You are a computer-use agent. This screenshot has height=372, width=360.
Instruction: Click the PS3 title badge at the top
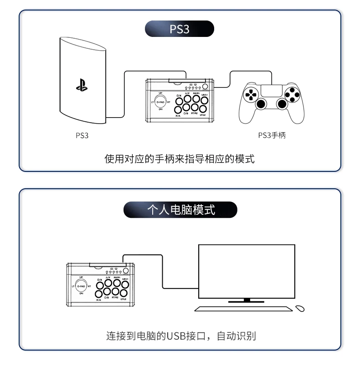click(x=180, y=30)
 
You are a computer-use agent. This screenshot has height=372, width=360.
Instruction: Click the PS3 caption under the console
click(x=82, y=135)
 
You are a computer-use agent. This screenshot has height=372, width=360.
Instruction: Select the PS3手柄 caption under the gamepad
click(x=272, y=135)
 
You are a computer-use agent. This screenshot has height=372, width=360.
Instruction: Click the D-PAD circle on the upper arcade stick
click(x=160, y=102)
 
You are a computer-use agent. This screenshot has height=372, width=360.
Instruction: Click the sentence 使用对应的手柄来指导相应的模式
click(x=180, y=159)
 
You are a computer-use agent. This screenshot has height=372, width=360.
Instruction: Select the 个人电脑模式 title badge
click(x=181, y=210)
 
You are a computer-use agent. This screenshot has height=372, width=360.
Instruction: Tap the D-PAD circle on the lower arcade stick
click(x=81, y=286)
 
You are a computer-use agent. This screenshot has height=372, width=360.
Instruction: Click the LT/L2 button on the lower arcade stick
click(x=124, y=293)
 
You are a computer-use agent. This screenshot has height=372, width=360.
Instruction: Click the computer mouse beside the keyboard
click(x=300, y=308)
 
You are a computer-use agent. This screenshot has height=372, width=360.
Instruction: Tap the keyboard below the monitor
click(x=244, y=309)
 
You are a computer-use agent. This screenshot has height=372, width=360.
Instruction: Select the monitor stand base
click(x=247, y=301)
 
